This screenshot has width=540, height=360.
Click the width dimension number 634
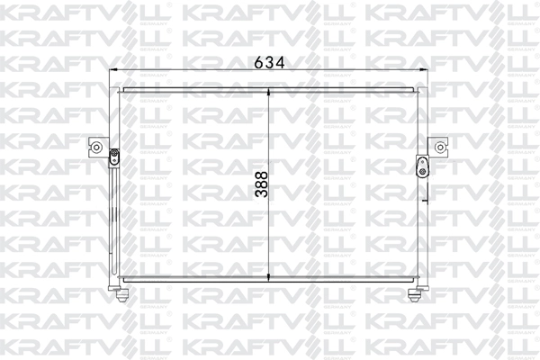click(269, 62)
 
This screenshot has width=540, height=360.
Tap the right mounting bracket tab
click(437, 147)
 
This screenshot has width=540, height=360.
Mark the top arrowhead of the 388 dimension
click(271, 89)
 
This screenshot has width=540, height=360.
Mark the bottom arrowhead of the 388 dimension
click(271, 275)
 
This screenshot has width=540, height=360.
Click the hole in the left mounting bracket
click(94, 148)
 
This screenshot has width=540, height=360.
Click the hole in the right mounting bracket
click(439, 147)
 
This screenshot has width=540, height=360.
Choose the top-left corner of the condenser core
click(121, 88)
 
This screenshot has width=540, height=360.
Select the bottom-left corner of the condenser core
click(121, 277)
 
